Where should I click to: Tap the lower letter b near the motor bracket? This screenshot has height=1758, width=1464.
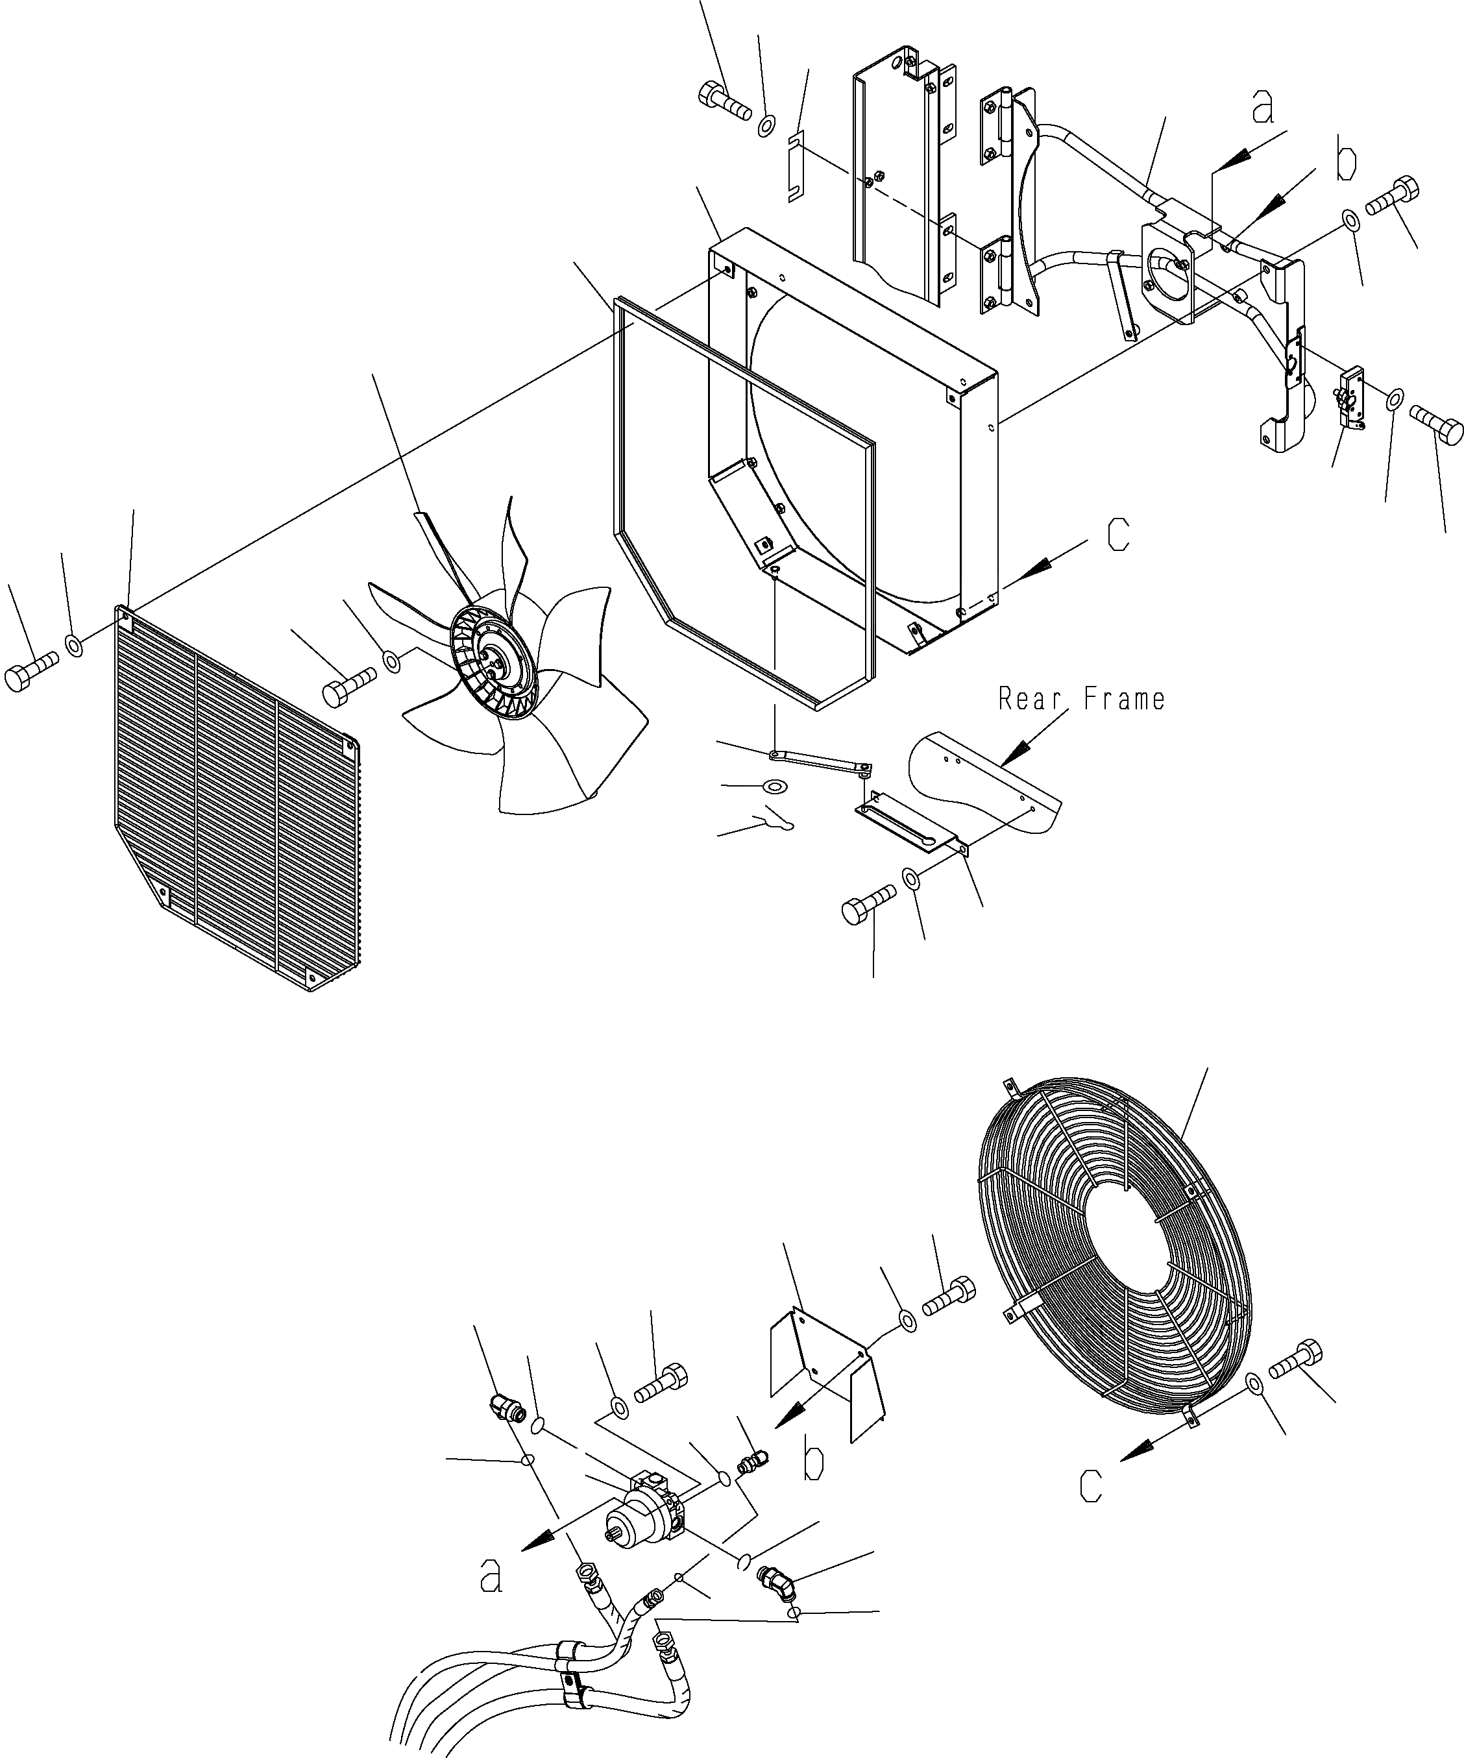(x=812, y=1461)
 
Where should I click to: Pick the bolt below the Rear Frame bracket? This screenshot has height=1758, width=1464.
(x=867, y=907)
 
